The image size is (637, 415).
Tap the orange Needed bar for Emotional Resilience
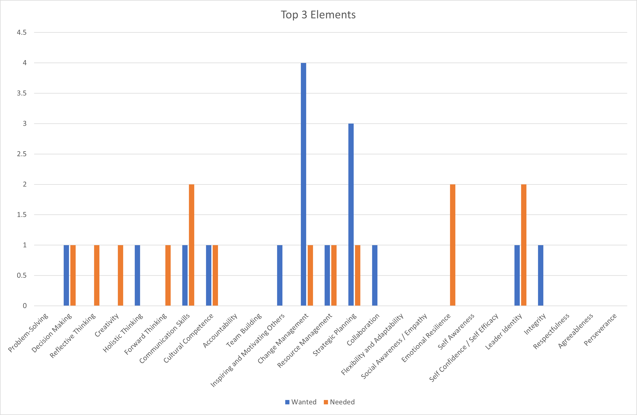pyautogui.click(x=453, y=245)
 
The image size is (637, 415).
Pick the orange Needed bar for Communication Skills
pyautogui.click(x=191, y=245)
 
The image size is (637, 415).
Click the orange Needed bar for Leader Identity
pyautogui.click(x=524, y=245)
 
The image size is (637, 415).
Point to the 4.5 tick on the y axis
pyautogui.click(x=22, y=32)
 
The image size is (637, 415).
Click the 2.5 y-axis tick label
pyautogui.click(x=22, y=154)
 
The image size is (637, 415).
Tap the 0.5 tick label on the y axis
pyautogui.click(x=22, y=275)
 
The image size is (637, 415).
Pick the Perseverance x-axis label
pyautogui.click(x=600, y=330)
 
